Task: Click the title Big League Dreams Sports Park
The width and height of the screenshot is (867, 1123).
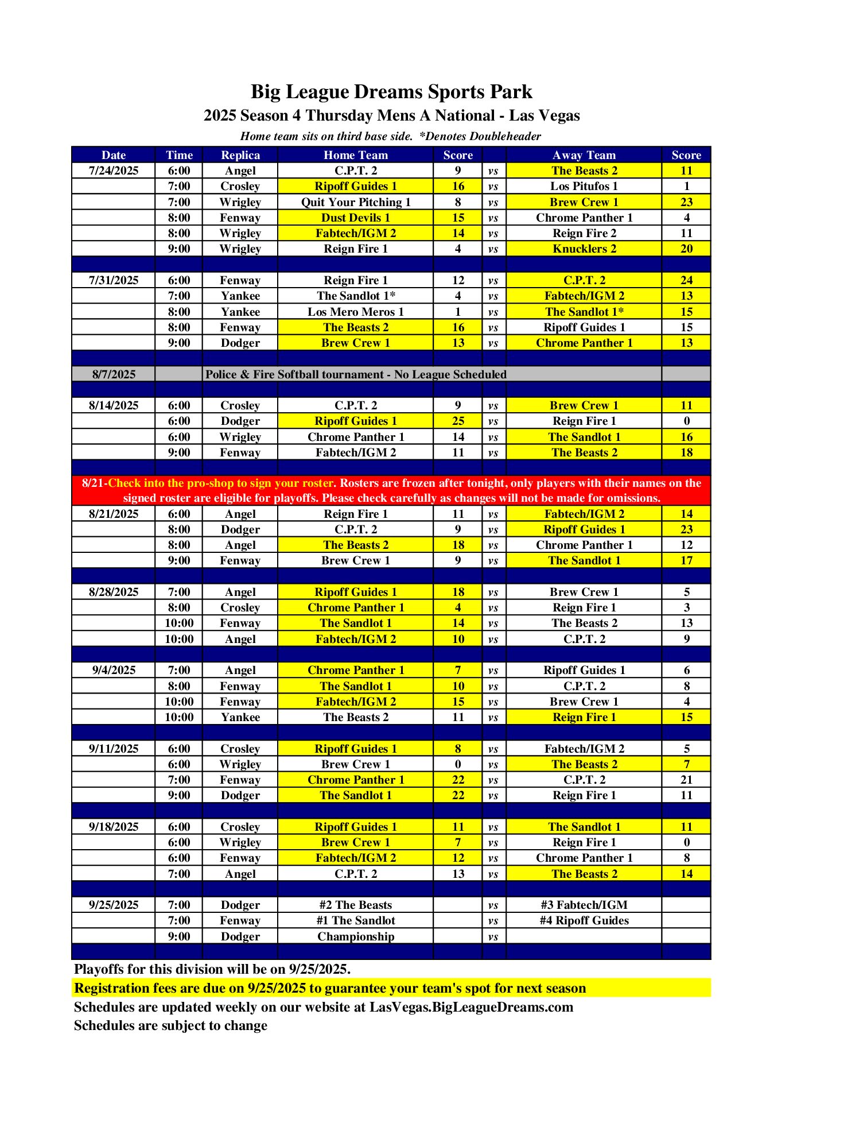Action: pyautogui.click(x=391, y=92)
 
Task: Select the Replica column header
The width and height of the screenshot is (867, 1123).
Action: pyautogui.click(x=240, y=155)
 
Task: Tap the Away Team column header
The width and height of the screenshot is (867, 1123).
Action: pyautogui.click(x=584, y=155)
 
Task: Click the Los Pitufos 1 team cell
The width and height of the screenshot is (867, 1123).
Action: pyautogui.click(x=584, y=186)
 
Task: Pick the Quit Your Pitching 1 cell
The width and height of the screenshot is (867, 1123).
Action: pyautogui.click(x=356, y=202)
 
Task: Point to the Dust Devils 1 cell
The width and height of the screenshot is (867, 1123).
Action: pyautogui.click(x=356, y=218)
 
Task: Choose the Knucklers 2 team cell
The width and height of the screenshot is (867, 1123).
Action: pyautogui.click(x=584, y=249)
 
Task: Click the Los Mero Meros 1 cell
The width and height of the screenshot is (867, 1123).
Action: pyautogui.click(x=356, y=312)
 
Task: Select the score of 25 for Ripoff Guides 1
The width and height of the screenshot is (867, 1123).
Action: pyautogui.click(x=458, y=421)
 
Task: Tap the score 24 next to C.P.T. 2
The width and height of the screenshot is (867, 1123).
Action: pyautogui.click(x=686, y=280)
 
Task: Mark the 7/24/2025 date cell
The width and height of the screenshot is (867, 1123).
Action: pyautogui.click(x=114, y=171)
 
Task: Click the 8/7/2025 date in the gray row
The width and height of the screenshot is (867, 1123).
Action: pyautogui.click(x=114, y=374)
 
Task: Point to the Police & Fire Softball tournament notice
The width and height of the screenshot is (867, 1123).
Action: pyautogui.click(x=356, y=374)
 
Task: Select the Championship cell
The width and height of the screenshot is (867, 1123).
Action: pyautogui.click(x=356, y=936)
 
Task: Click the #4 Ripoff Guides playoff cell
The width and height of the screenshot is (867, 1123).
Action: pyautogui.click(x=584, y=920)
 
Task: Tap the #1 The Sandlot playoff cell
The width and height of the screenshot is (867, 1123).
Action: pyautogui.click(x=356, y=920)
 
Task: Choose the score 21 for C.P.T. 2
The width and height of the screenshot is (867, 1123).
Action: pyautogui.click(x=686, y=780)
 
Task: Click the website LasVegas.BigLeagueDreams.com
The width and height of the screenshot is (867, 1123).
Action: pyautogui.click(x=471, y=1007)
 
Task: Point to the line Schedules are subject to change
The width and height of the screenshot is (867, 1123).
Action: pyautogui.click(x=170, y=1025)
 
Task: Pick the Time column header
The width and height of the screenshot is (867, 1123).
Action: pyautogui.click(x=179, y=155)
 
